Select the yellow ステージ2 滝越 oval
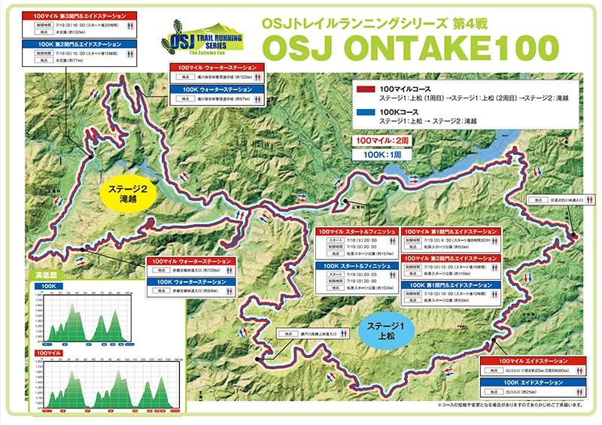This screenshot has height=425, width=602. (x=132, y=194)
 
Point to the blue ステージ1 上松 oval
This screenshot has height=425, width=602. (x=383, y=329)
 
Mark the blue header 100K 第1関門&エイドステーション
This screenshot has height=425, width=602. (x=451, y=285)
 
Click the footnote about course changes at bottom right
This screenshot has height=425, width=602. (x=519, y=405)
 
